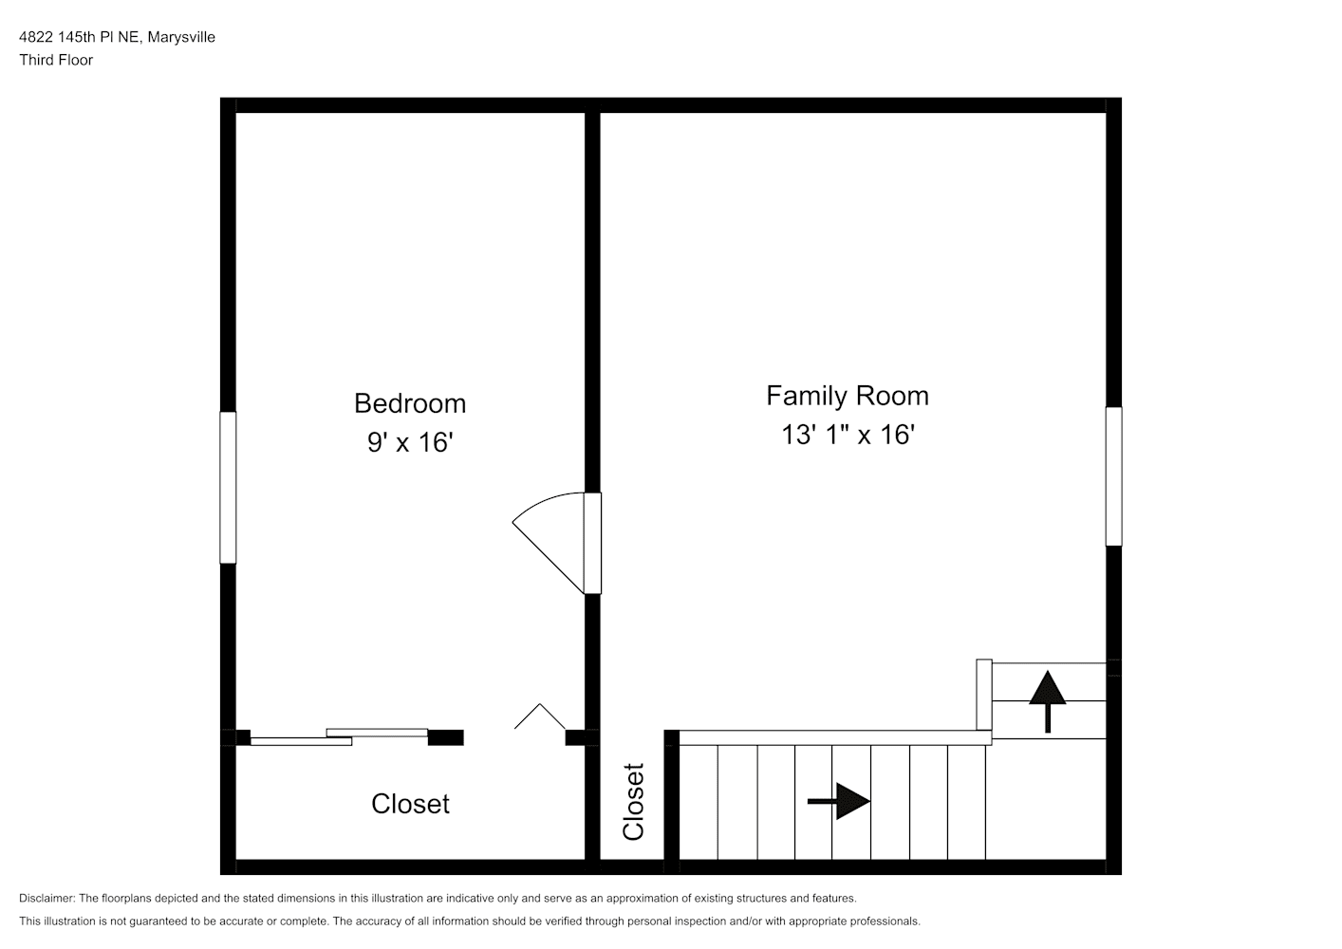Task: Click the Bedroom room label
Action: point(410,403)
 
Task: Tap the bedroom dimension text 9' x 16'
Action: point(410,442)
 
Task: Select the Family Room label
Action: point(848,396)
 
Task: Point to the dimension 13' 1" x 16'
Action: point(848,435)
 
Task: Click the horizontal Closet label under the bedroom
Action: point(410,804)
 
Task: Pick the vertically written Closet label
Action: point(633,801)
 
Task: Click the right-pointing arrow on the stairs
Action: point(839,801)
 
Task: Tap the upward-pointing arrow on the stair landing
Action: point(1047,701)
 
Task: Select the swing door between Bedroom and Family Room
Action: point(556,543)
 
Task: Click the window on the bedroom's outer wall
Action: point(228,487)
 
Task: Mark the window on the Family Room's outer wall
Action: point(1113,476)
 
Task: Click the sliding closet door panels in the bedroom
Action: point(339,737)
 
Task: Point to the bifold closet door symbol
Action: point(540,716)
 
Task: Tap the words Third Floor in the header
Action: point(56,60)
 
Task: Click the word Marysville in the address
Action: point(181,37)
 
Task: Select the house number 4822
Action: point(36,37)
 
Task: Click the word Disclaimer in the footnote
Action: point(47,898)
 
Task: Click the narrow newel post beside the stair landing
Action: point(984,695)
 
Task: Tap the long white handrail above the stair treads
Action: point(835,737)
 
